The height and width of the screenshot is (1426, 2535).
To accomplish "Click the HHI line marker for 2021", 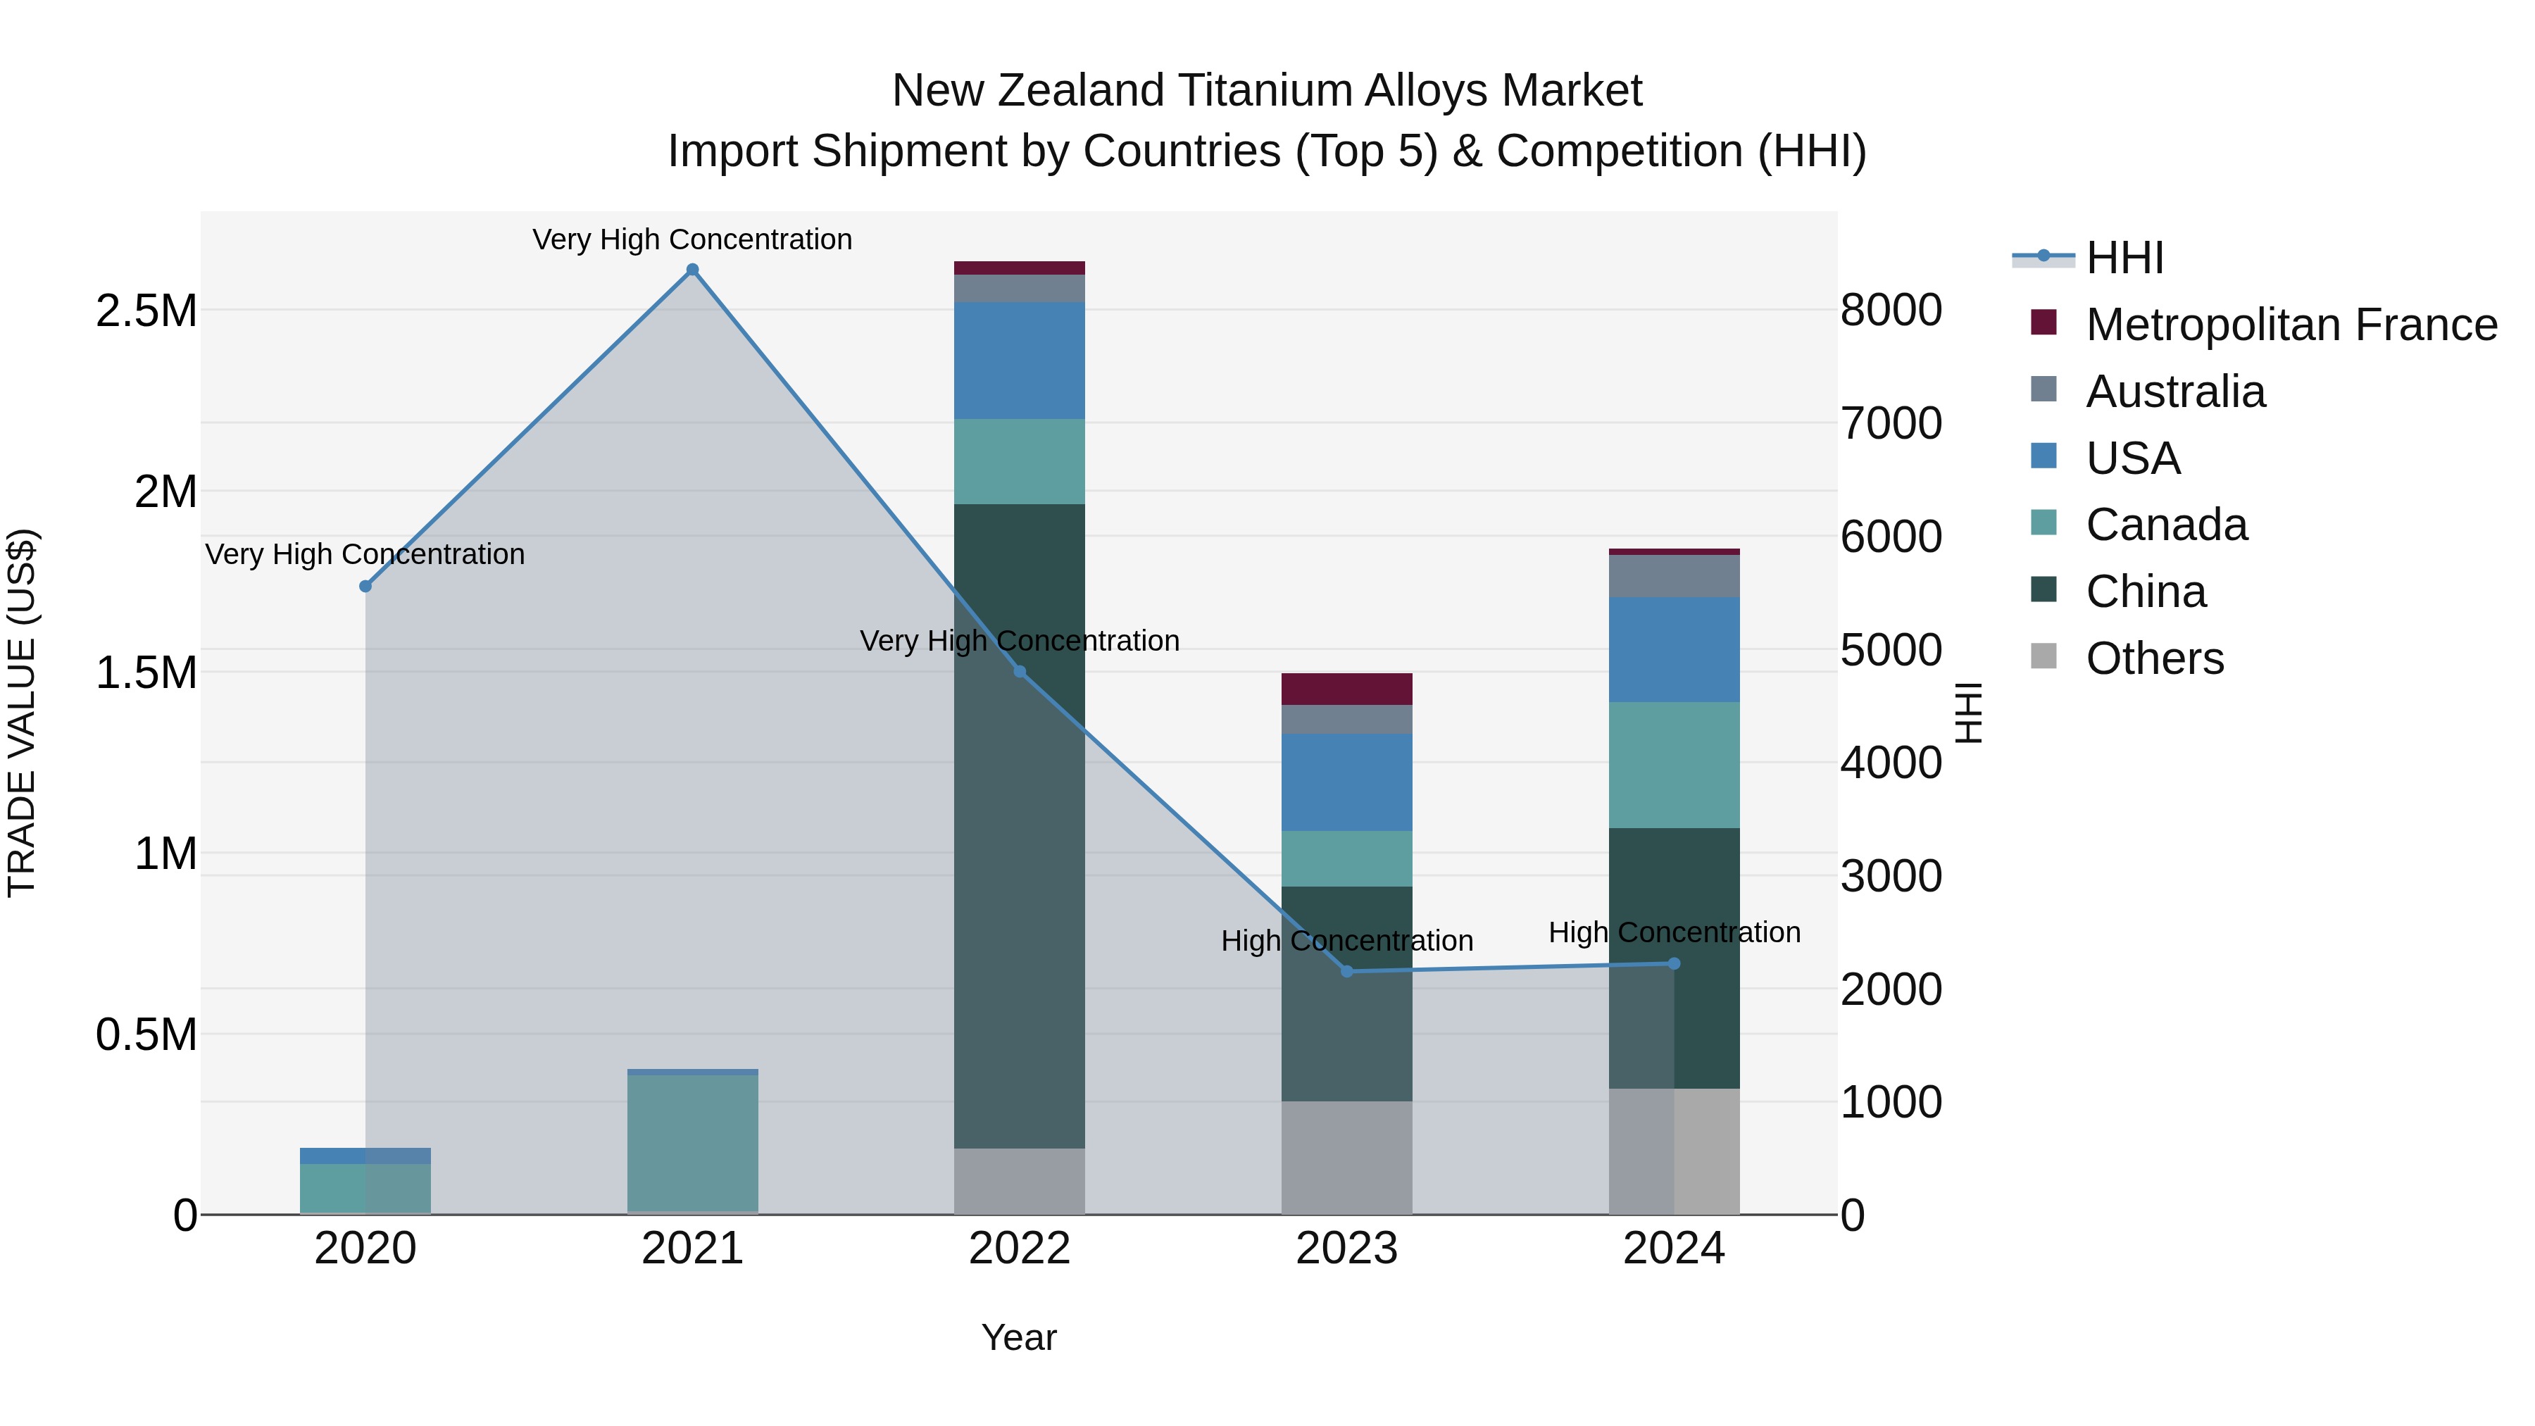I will tap(693, 270).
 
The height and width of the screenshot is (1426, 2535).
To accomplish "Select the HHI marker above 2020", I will tap(365, 587).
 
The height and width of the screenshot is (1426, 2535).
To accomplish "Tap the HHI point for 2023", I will tap(1347, 971).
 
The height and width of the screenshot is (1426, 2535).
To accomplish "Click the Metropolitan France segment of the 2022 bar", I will tap(1020, 268).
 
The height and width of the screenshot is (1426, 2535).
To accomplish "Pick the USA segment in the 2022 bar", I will tap(1020, 360).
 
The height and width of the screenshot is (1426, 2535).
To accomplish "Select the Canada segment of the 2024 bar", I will tap(1674, 765).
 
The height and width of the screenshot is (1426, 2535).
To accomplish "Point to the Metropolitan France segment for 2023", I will tap(1346, 689).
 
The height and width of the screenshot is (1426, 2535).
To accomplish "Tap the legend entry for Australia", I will tap(2175, 392).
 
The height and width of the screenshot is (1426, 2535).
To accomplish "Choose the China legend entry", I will tap(2146, 592).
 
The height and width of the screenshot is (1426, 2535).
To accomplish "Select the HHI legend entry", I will tap(2124, 258).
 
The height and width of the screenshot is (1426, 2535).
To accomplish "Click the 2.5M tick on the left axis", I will tap(146, 311).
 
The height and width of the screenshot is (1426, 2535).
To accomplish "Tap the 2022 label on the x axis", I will tap(1020, 1249).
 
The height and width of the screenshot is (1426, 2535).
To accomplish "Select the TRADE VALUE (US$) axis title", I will tap(22, 713).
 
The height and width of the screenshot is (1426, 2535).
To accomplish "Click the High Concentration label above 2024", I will tap(1674, 932).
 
